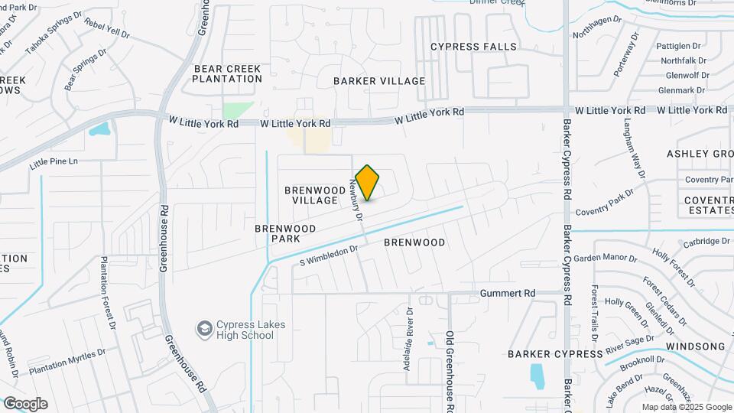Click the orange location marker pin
[368, 182]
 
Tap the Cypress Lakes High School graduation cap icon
[204, 329]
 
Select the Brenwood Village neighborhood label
[311, 195]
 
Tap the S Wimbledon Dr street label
[329, 255]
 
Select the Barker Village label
[379, 81]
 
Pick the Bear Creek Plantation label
[227, 73]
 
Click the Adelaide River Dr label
[409, 340]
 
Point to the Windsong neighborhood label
[695, 346]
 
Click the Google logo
[25, 403]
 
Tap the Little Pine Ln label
[54, 162]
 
